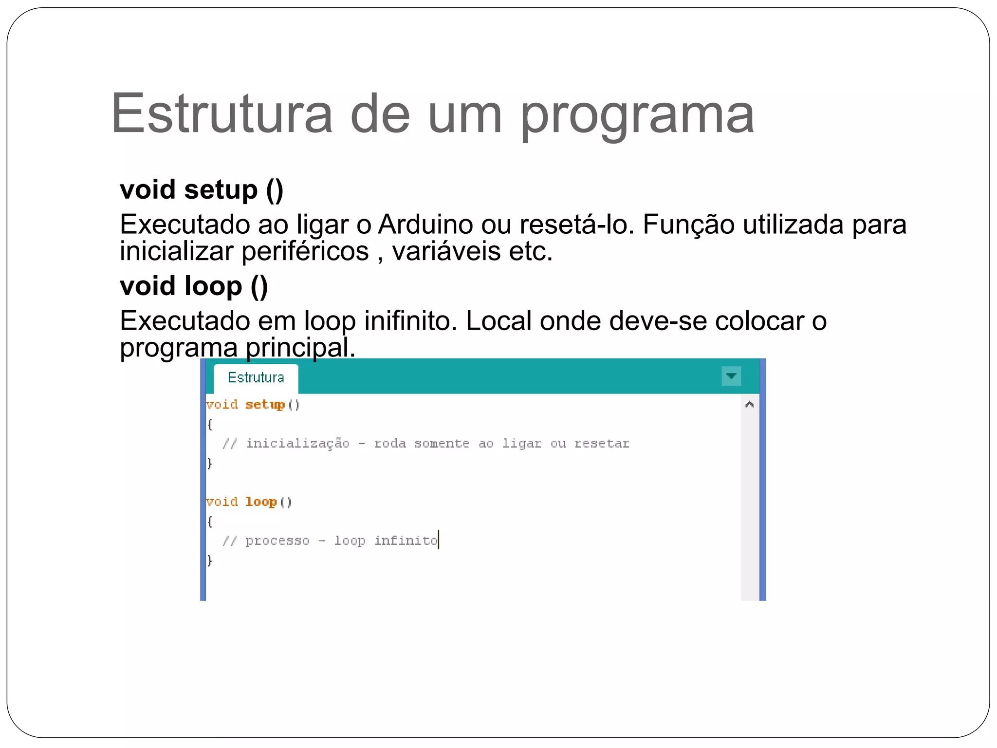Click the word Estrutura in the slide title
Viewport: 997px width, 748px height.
(x=222, y=114)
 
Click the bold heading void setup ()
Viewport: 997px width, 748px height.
(x=202, y=189)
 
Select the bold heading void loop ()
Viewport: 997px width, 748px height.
(x=194, y=286)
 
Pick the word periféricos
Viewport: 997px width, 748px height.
(x=305, y=252)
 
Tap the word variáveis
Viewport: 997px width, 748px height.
(x=446, y=251)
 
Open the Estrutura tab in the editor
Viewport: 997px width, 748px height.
(x=256, y=378)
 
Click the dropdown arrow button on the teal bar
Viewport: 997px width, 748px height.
(x=731, y=376)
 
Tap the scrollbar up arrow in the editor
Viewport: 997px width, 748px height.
(x=750, y=404)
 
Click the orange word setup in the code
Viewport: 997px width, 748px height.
(x=265, y=405)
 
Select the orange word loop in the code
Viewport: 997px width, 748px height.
(x=261, y=502)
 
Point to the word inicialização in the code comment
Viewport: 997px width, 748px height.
(x=297, y=444)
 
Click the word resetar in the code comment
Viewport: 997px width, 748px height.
(x=602, y=444)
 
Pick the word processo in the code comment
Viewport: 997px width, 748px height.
(x=277, y=541)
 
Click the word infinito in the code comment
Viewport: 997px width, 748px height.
(x=406, y=541)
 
